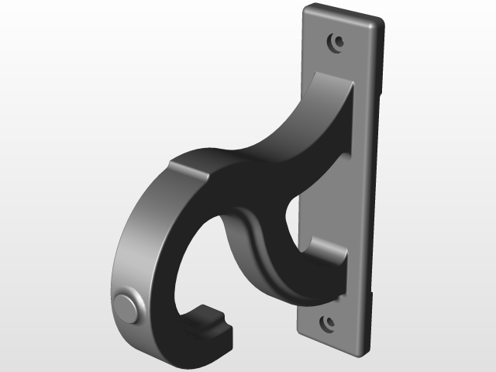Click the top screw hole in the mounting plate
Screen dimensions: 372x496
tap(336, 40)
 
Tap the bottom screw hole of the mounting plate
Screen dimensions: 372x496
tap(328, 321)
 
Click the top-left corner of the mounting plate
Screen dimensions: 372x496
tap(304, 9)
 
